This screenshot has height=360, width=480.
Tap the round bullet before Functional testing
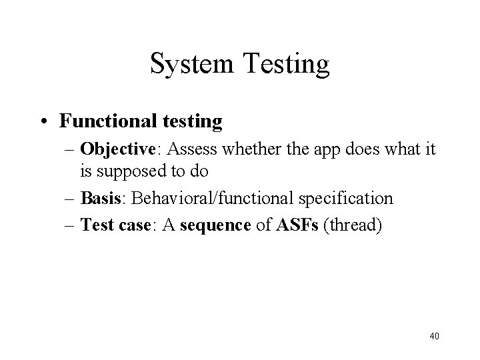pos(45,121)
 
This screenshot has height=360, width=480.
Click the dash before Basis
pos(71,199)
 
